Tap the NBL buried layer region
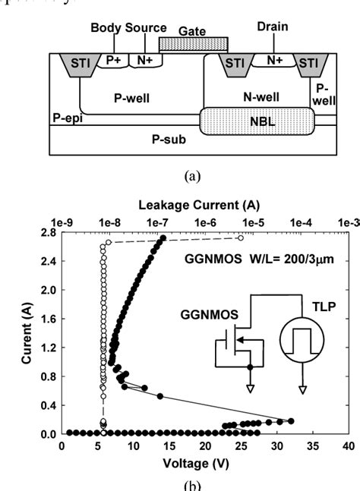point(257,121)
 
